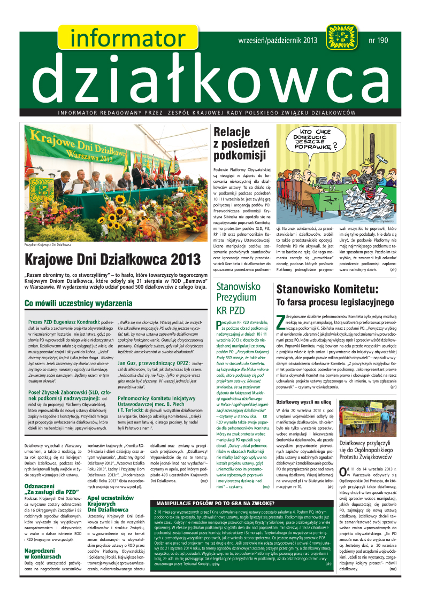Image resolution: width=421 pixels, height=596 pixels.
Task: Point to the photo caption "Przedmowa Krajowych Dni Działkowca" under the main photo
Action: [48, 245]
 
